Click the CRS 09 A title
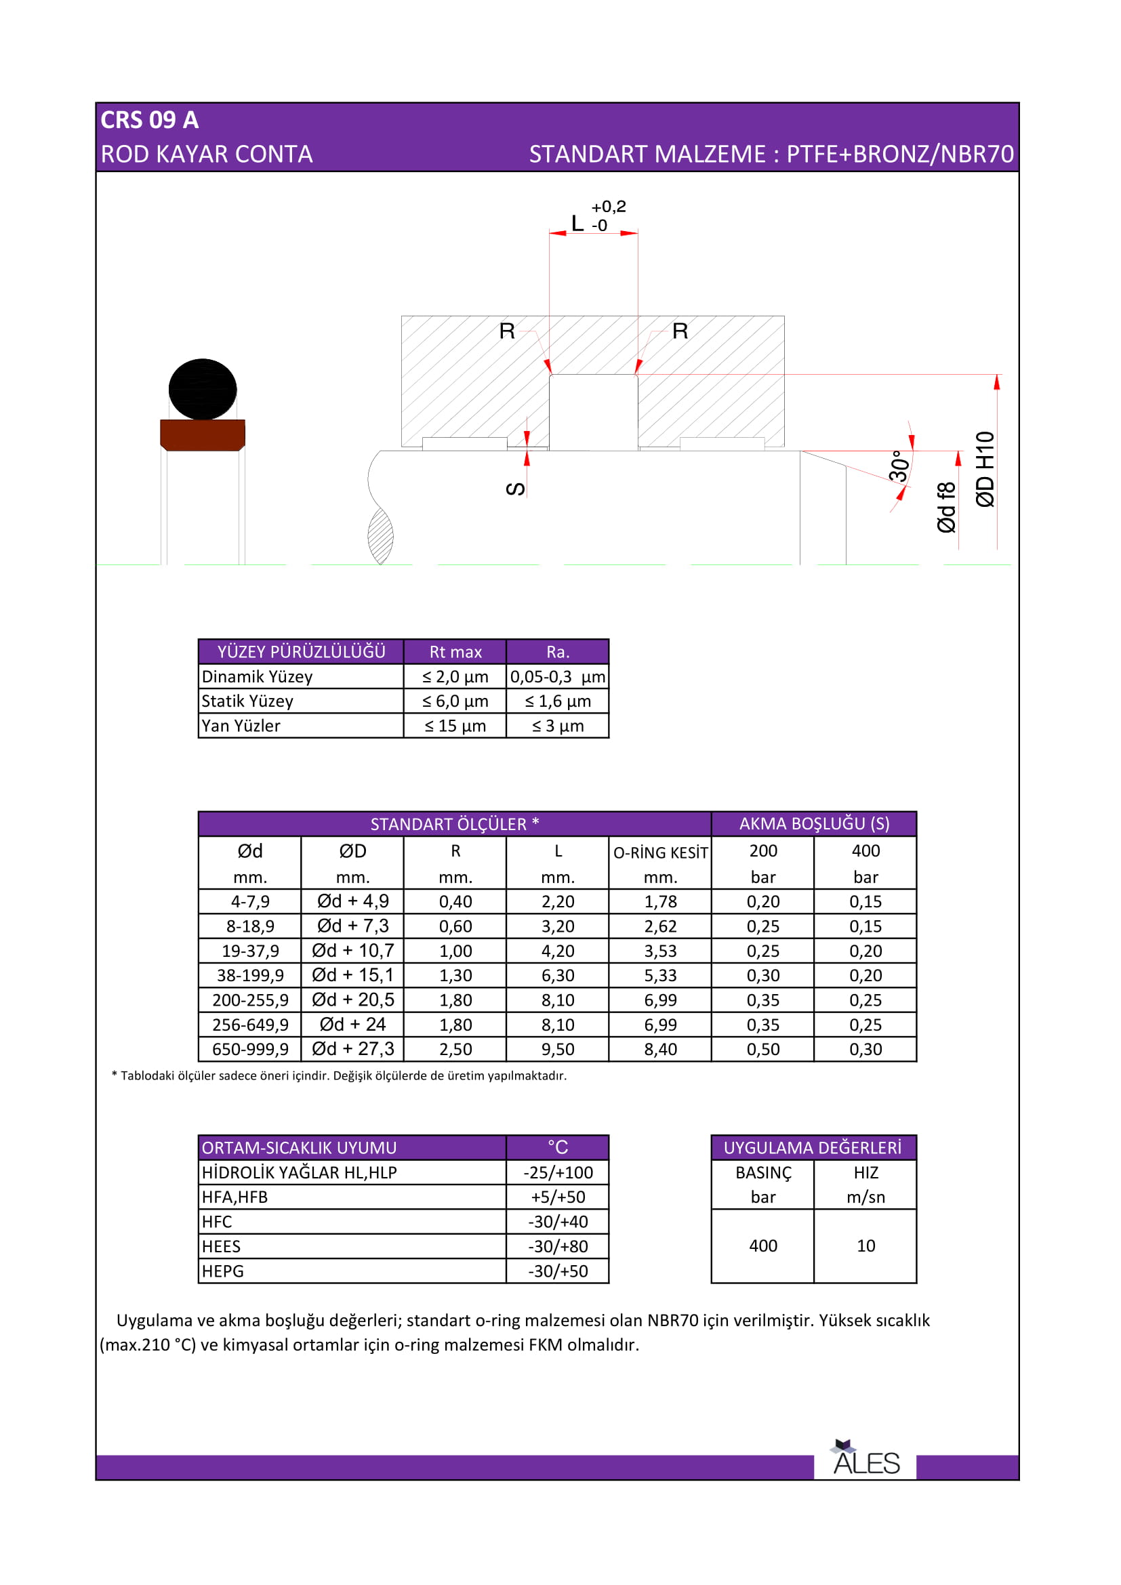150,120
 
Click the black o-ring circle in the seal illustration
202,390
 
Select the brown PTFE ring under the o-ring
202,435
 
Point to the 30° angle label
899,466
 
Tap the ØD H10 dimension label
985,469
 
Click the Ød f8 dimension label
946,508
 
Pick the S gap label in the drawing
516,489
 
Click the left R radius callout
507,331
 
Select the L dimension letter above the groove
577,223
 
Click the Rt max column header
455,652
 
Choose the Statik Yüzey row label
247,701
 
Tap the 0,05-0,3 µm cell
558,676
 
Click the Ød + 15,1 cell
352,974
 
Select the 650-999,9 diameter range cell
250,1049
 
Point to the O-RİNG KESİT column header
661,852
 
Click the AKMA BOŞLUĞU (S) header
814,823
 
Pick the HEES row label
222,1246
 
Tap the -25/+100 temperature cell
558,1172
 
